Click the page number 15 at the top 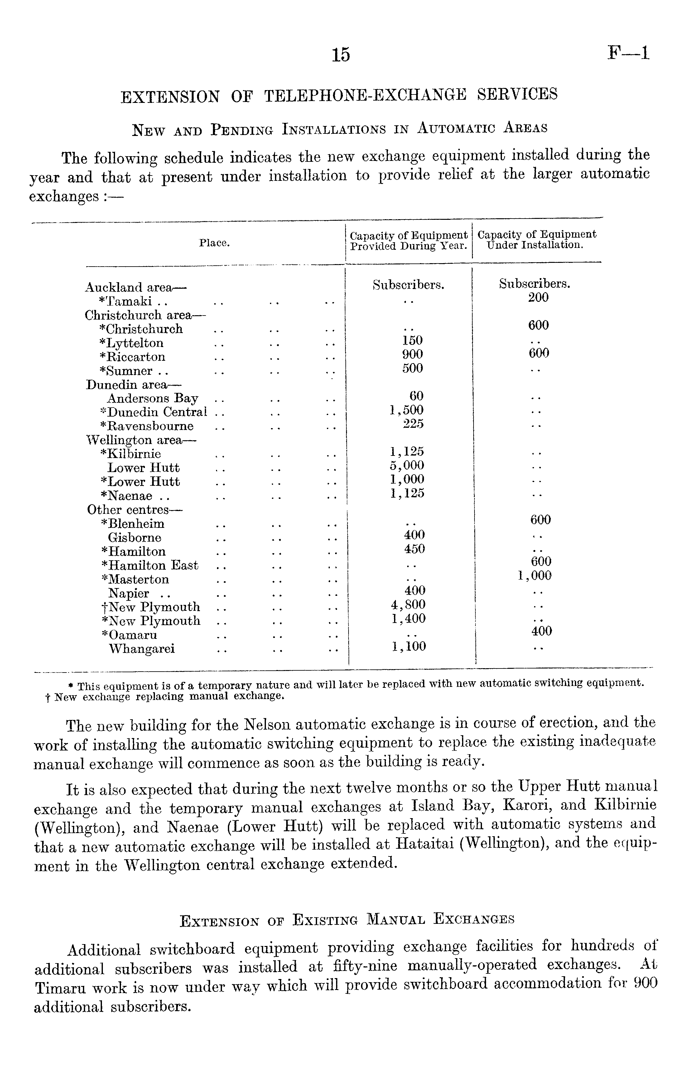(x=341, y=55)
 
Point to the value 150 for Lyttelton (x=412, y=340)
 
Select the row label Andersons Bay (x=152, y=398)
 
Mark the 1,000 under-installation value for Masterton (x=534, y=576)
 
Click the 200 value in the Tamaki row (x=538, y=297)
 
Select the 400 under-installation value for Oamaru (x=542, y=631)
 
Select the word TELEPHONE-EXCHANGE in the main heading (x=365, y=95)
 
